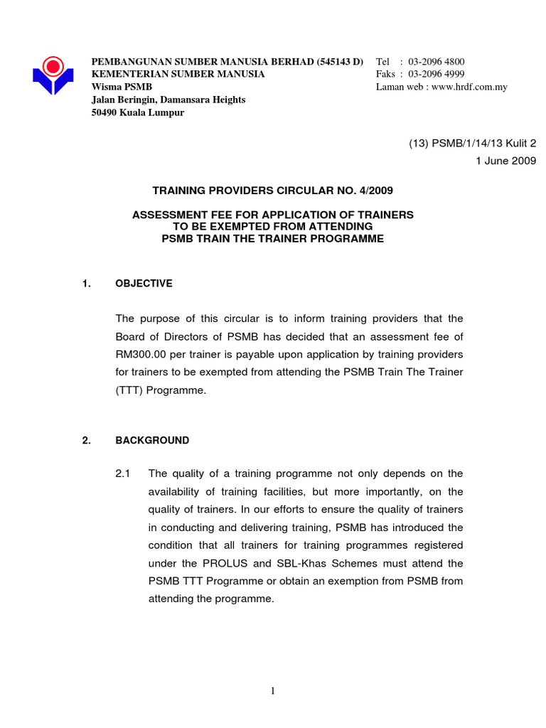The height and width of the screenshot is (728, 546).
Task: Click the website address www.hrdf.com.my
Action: click(469, 87)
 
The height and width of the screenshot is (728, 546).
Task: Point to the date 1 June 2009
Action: click(505, 161)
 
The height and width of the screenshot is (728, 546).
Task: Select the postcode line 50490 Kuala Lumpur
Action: click(138, 112)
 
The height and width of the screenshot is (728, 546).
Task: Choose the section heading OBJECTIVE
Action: click(144, 283)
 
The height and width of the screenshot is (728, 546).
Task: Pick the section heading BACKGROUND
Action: click(152, 440)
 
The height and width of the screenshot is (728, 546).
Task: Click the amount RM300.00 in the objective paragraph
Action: click(142, 354)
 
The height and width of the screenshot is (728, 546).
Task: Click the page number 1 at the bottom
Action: click(273, 691)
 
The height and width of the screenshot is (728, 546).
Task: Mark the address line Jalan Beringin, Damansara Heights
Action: click(168, 100)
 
